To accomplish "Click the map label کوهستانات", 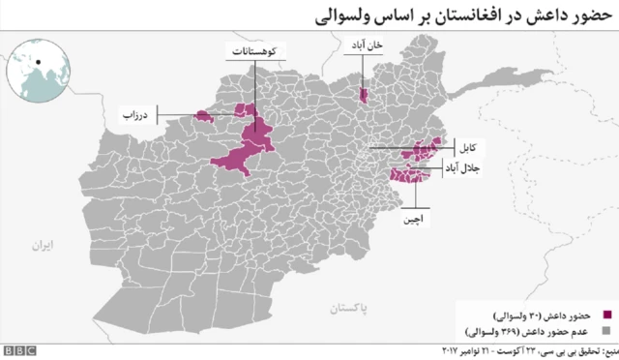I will (x=256, y=49).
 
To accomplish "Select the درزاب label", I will (x=134, y=115).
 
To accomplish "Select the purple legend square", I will (x=607, y=315).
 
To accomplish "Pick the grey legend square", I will (x=607, y=331).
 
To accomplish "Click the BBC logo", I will (x=18, y=350).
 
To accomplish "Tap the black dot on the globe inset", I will (x=38, y=63).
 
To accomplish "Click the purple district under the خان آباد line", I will (x=364, y=95).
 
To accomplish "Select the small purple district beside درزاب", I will (x=203, y=116).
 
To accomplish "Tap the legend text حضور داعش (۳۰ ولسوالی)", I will (x=547, y=315).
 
